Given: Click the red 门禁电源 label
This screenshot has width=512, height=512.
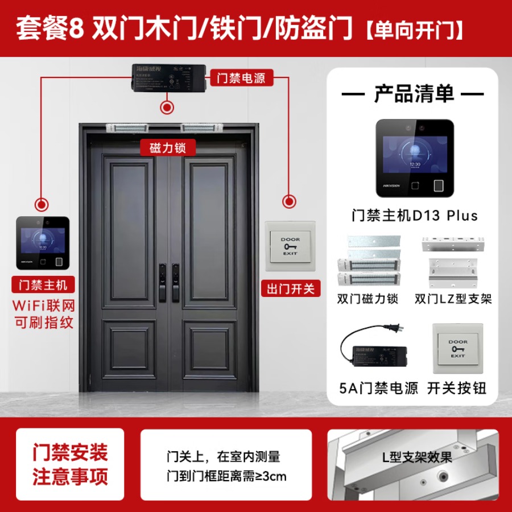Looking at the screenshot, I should (241, 77).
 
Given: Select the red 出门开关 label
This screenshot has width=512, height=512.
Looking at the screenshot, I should (290, 288).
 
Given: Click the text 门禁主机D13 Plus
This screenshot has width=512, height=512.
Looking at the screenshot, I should (414, 216).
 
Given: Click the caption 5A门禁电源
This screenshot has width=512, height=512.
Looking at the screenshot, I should (378, 389).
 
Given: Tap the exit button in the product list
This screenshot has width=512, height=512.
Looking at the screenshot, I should (457, 348).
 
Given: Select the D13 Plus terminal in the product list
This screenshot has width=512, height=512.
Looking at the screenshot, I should (414, 159).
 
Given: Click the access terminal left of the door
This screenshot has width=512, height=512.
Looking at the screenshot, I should (43, 243).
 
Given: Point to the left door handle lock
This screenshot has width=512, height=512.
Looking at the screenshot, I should (162, 282).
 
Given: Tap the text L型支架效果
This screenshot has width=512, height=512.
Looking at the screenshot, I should (418, 456).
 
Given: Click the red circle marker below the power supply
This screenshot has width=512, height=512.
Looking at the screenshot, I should (167, 106).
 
